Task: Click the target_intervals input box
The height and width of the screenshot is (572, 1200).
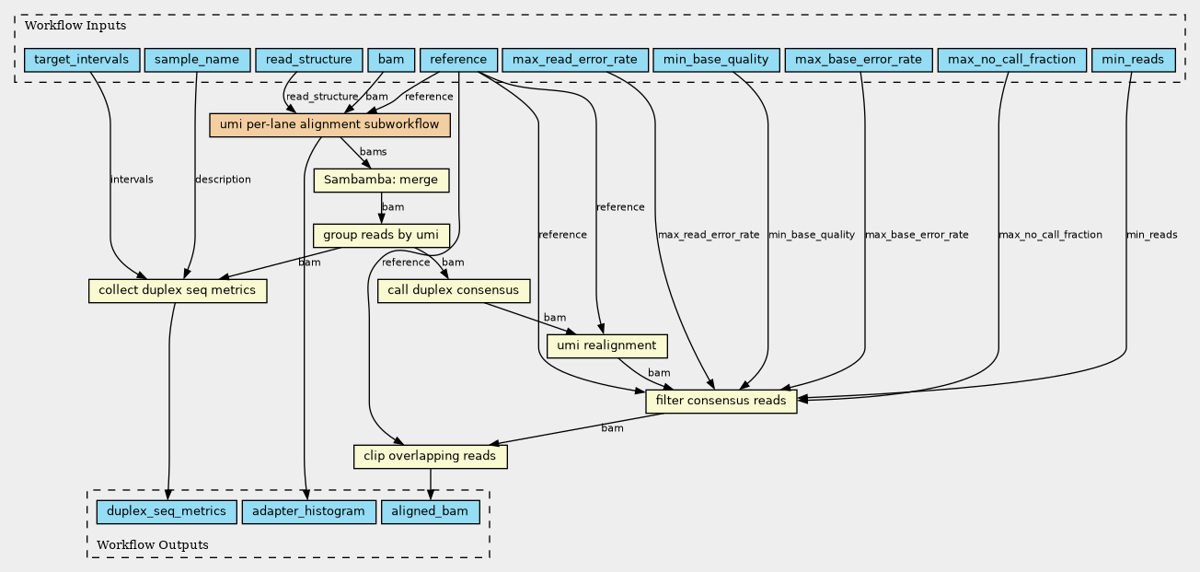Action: coord(82,60)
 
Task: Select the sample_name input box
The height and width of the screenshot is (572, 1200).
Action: coord(197,60)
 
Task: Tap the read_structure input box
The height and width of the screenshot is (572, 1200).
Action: coord(309,60)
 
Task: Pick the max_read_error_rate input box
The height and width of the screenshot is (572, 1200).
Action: coord(575,60)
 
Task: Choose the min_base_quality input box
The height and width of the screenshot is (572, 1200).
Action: coord(716,60)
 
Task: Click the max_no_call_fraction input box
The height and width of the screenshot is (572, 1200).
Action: coord(1012,60)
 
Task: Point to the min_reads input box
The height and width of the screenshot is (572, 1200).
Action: coord(1133,60)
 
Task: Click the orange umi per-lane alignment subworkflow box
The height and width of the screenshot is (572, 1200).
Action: coord(329,125)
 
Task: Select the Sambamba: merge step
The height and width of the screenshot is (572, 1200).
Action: coord(381,181)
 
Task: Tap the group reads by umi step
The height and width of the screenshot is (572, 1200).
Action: coord(381,236)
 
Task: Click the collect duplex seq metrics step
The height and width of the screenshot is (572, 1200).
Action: coord(178,290)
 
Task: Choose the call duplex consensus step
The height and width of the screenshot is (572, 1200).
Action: coord(453,290)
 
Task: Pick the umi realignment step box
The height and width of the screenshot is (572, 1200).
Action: coord(607,345)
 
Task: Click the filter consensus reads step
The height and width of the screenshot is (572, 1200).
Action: coord(721,401)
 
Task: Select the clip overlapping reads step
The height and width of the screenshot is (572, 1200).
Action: coord(430,456)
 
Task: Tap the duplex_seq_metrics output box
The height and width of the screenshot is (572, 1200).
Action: coord(167,511)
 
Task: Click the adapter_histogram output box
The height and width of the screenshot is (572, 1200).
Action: coord(308,511)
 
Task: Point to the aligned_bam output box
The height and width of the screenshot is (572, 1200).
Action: coord(430,511)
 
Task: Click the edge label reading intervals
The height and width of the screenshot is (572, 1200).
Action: coord(132,180)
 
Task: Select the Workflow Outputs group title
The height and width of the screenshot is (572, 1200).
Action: coord(153,545)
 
